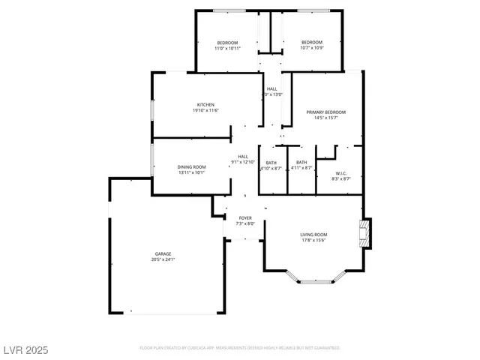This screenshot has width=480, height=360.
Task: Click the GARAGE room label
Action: pyautogui.click(x=163, y=255)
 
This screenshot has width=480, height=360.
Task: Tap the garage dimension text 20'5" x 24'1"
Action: pyautogui.click(x=163, y=261)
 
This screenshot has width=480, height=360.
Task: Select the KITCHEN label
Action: pyautogui.click(x=206, y=104)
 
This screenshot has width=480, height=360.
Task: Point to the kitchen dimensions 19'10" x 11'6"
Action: pyautogui.click(x=206, y=110)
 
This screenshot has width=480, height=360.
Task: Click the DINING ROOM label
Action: pyautogui.click(x=191, y=166)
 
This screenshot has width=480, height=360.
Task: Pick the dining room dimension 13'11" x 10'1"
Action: pyautogui.click(x=191, y=172)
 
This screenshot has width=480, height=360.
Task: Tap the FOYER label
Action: pyautogui.click(x=245, y=217)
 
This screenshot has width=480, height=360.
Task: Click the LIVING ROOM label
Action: pyautogui.click(x=313, y=235)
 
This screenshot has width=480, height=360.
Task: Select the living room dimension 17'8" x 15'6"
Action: pyautogui.click(x=313, y=241)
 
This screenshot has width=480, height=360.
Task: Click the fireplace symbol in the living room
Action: pyautogui.click(x=365, y=233)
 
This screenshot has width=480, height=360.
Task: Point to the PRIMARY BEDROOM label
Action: pyautogui.click(x=325, y=112)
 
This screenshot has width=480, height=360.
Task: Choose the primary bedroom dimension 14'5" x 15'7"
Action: pyautogui.click(x=325, y=118)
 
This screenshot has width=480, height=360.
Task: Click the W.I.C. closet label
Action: pyautogui.click(x=340, y=172)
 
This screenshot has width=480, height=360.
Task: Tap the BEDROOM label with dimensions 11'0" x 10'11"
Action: pyautogui.click(x=228, y=42)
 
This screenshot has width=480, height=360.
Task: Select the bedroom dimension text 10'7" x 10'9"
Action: pyautogui.click(x=311, y=48)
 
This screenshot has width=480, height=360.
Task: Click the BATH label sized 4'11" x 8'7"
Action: pyautogui.click(x=301, y=163)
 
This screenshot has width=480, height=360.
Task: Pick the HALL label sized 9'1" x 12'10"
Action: pyautogui.click(x=243, y=156)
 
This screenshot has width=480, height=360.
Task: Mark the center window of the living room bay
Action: pyautogui.click(x=313, y=282)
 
